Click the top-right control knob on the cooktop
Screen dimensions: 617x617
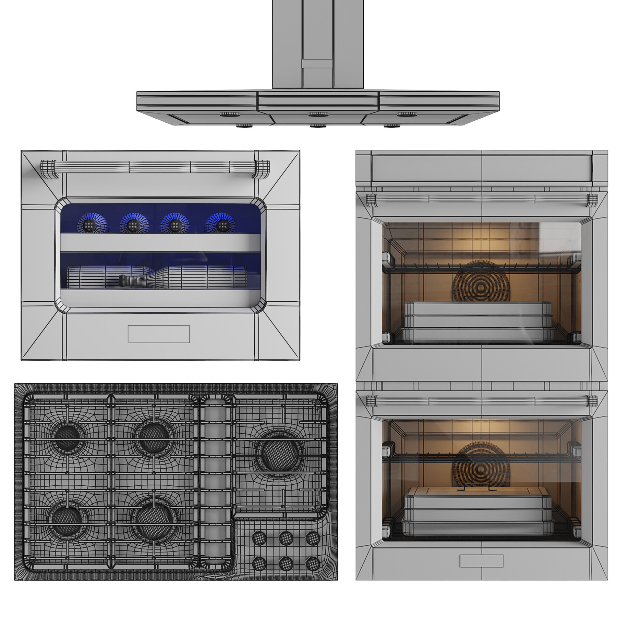coord(313,539)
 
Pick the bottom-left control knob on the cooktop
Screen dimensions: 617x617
coord(259,563)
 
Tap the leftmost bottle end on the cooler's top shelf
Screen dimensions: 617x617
coord(89,225)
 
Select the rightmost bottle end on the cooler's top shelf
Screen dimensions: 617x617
coord(223,225)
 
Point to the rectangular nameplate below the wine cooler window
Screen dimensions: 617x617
coord(159,334)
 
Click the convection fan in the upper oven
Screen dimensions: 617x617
coord(481,281)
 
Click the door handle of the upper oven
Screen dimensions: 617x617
coord(482,199)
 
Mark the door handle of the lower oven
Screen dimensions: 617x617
coord(482,400)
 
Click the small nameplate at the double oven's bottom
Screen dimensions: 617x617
coord(481,561)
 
